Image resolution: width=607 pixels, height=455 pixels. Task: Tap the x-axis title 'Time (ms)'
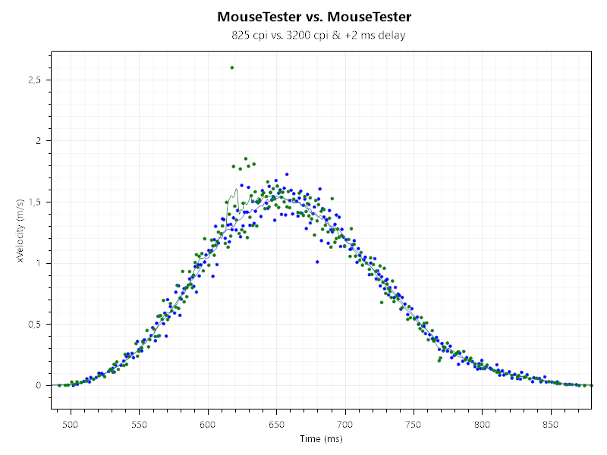coord(320,439)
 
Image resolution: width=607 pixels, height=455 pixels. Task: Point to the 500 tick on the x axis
coord(71,423)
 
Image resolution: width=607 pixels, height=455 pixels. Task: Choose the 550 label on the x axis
coord(139,423)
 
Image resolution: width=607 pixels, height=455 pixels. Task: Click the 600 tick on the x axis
coord(208,423)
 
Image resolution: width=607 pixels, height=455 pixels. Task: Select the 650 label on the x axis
coord(276,423)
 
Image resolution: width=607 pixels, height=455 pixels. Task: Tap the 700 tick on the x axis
coord(345,423)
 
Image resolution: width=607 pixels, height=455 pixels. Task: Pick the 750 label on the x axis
coord(414,423)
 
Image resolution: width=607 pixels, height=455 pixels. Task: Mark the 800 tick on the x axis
coord(483,423)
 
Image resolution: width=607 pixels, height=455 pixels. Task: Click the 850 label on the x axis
coord(551,423)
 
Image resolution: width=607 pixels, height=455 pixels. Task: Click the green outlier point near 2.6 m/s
coord(232,67)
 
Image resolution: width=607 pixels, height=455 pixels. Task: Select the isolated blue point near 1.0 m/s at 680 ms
coord(317,262)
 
